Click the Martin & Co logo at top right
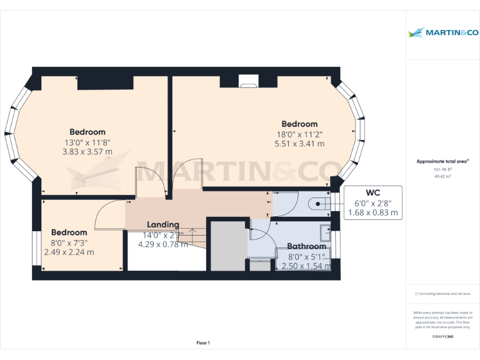(x=442, y=32)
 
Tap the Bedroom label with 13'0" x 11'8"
(x=87, y=132)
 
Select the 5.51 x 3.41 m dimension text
(x=299, y=143)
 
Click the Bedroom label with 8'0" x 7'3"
(x=69, y=232)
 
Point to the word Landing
(x=162, y=224)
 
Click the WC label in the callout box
(x=373, y=192)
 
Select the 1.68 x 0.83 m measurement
(x=373, y=213)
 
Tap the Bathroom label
(x=306, y=246)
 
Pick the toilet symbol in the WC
(x=319, y=202)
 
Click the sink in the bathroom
(x=326, y=232)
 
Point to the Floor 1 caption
(x=203, y=342)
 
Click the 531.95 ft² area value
(x=442, y=169)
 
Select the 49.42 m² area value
(x=442, y=176)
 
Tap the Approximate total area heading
(x=442, y=161)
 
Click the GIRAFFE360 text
(x=442, y=337)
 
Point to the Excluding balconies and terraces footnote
(x=442, y=294)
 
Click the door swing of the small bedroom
(x=106, y=212)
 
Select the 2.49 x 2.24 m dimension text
(x=69, y=252)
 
